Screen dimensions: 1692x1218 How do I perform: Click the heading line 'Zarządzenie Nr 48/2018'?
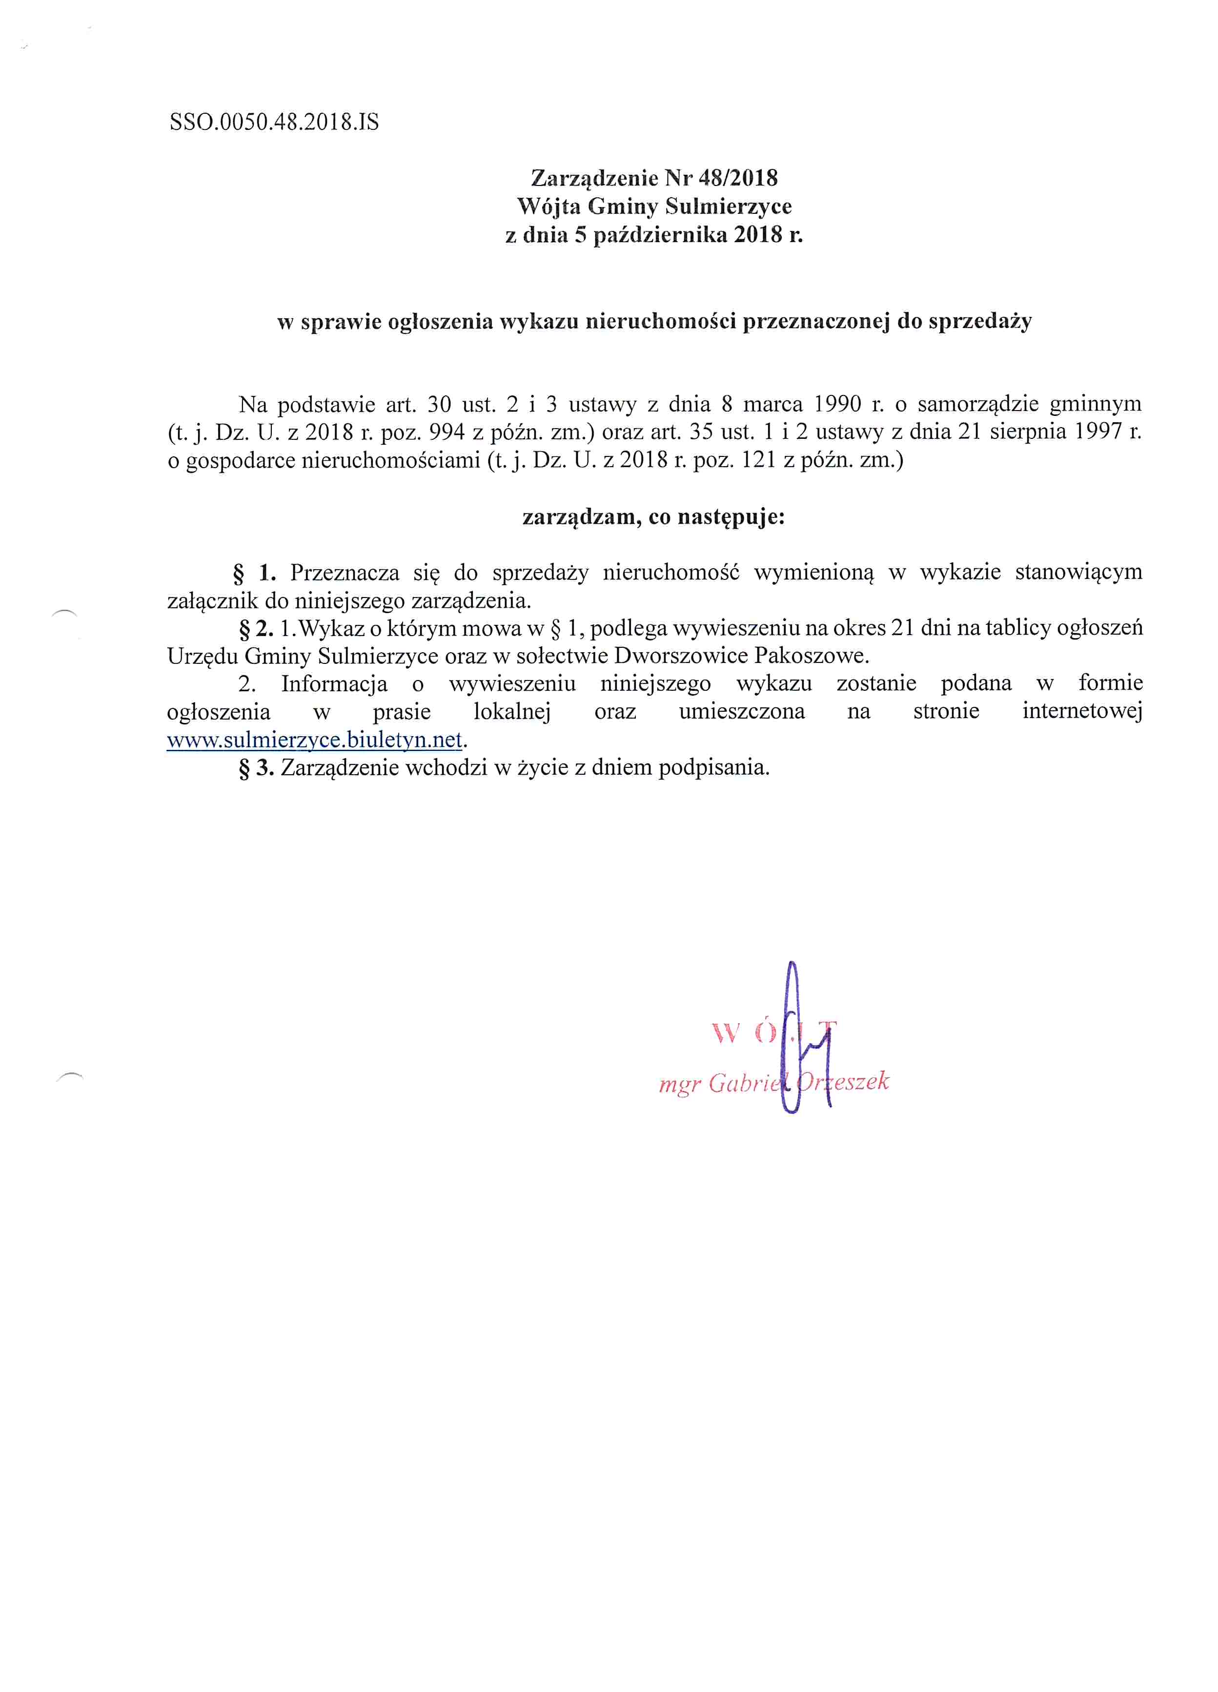(653, 178)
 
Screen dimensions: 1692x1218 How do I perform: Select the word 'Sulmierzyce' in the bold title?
(728, 206)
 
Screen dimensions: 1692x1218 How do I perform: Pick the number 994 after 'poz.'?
(447, 433)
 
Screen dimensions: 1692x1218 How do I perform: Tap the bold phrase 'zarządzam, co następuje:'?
(653, 517)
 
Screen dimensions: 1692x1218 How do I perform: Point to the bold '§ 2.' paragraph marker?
(256, 629)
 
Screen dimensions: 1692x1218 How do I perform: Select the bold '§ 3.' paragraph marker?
(256, 768)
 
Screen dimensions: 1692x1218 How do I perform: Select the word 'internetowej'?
(1081, 712)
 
